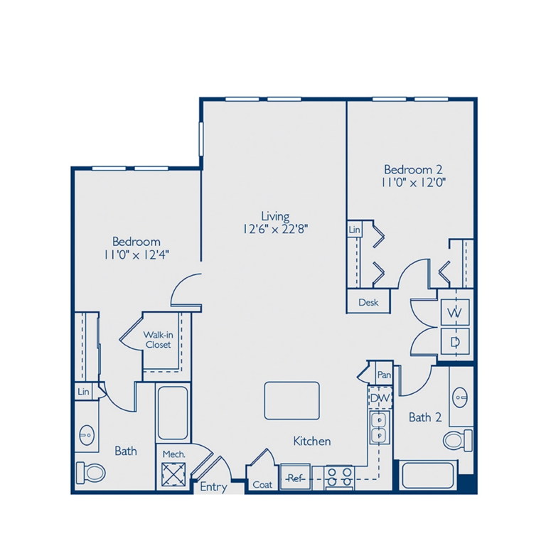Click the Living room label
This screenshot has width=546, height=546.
[x=274, y=216]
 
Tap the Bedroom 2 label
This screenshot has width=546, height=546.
[x=413, y=170]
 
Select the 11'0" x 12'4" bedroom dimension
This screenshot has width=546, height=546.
[x=135, y=253]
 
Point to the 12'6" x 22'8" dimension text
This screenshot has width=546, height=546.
[x=274, y=229]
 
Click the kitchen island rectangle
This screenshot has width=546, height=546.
[x=292, y=400]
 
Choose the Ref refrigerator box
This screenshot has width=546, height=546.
[x=294, y=478]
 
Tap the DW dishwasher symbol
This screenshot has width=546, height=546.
[x=380, y=399]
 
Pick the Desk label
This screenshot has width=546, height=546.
[x=368, y=302]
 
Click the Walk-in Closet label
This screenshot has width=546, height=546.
[x=158, y=339]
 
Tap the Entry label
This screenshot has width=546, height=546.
[x=213, y=487]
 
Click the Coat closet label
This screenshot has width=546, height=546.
[x=262, y=485]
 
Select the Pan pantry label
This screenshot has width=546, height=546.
[x=385, y=375]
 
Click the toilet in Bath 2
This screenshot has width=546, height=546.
[x=456, y=439]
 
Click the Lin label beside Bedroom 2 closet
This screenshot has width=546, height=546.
[x=355, y=230]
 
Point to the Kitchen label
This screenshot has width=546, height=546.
[x=312, y=441]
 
